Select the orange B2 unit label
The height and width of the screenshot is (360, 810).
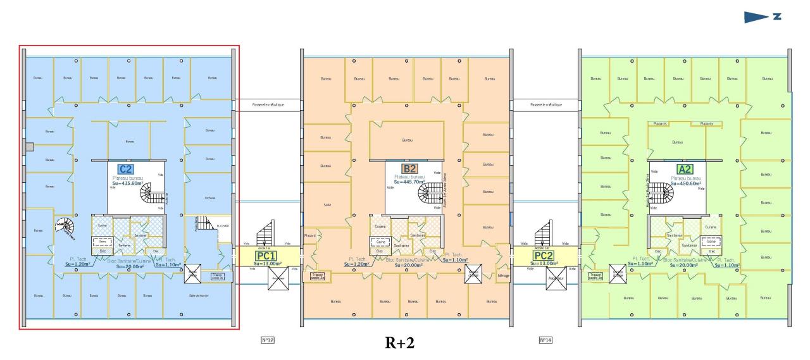coord(409,169)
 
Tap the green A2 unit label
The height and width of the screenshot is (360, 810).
coord(684,170)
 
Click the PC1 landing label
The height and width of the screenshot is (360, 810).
coord(266,256)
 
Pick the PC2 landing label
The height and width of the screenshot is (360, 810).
coord(544,256)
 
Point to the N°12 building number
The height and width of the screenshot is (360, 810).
coord(267,340)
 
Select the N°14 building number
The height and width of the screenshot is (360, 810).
coord(545,340)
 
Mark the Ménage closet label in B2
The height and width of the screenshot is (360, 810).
coord(503,276)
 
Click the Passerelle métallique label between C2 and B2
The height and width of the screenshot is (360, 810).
coord(268,104)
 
